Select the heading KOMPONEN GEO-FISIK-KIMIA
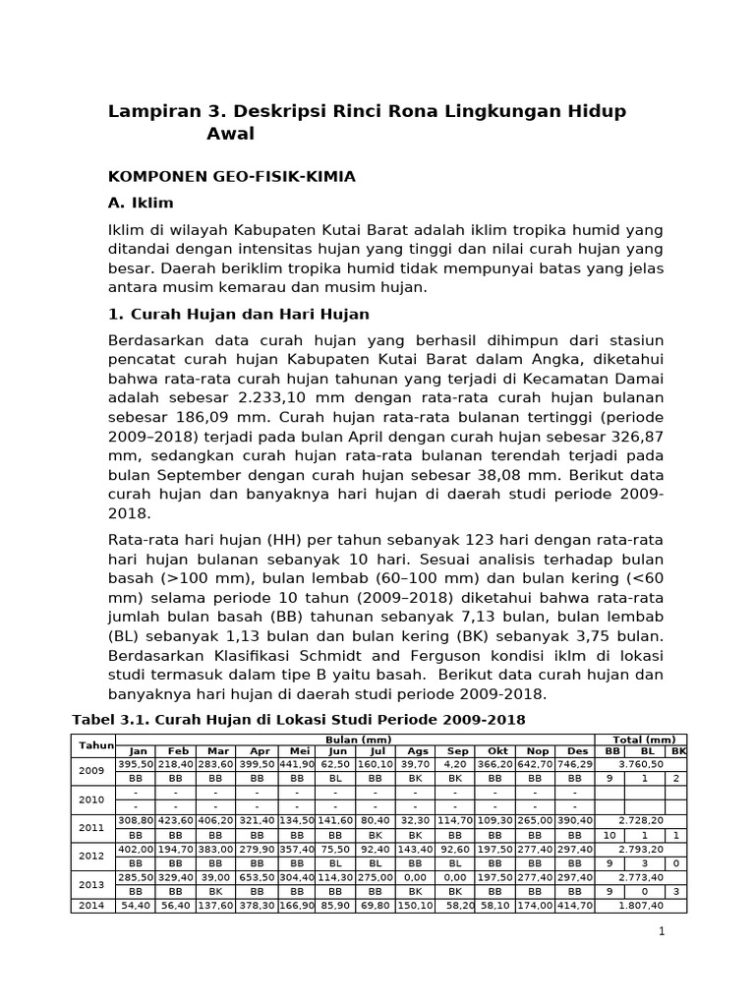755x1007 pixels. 231,176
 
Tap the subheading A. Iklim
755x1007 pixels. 141,204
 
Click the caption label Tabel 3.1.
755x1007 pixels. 110,720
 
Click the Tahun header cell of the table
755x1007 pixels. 96,745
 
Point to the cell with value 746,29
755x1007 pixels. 577,764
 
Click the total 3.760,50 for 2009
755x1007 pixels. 640,764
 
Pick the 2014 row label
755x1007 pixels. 92,905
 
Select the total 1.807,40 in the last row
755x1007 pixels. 640,905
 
